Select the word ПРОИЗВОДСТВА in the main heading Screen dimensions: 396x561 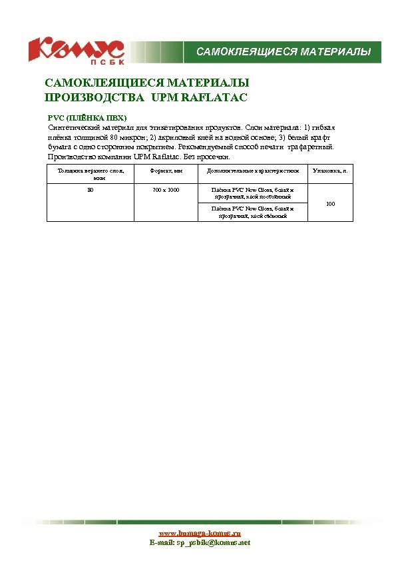[x=93, y=98]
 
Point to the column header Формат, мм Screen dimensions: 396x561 [x=166, y=171]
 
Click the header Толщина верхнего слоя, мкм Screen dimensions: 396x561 [x=90, y=175]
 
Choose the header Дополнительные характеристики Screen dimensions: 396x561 [x=252, y=171]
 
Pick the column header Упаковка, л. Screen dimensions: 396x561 [x=330, y=171]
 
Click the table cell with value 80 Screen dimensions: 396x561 [x=90, y=190]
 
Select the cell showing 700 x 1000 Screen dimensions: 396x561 [x=166, y=190]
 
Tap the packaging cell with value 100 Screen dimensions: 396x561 [x=330, y=203]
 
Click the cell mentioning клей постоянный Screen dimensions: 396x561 [x=252, y=193]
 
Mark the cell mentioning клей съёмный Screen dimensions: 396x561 [x=252, y=212]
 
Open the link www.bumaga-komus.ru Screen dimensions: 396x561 [x=199, y=533]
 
